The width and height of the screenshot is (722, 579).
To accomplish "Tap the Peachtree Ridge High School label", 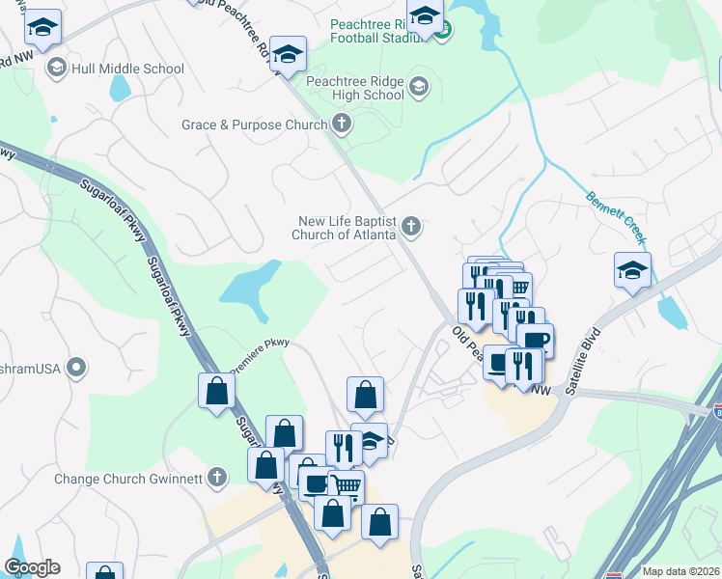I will (355, 88).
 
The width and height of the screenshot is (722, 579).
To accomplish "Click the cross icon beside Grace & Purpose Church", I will (341, 124).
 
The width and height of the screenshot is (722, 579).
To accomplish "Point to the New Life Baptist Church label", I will (347, 227).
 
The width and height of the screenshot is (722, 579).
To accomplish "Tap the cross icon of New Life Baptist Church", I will (412, 227).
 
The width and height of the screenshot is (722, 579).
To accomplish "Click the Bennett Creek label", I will (615, 214).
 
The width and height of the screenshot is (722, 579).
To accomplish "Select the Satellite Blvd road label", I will (590, 350).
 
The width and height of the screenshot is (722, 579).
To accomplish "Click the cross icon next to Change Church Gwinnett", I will (218, 477).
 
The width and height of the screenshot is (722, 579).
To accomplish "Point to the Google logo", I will (32, 567).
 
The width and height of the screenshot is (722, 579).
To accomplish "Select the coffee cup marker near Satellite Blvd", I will (535, 339).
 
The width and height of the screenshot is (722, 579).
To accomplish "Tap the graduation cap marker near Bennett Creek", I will (632, 269).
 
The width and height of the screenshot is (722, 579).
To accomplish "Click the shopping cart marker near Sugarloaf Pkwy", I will (347, 484).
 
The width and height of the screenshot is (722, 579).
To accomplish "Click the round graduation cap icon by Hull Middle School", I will (56, 68).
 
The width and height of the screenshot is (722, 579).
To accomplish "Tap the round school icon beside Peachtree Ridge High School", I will (419, 88).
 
